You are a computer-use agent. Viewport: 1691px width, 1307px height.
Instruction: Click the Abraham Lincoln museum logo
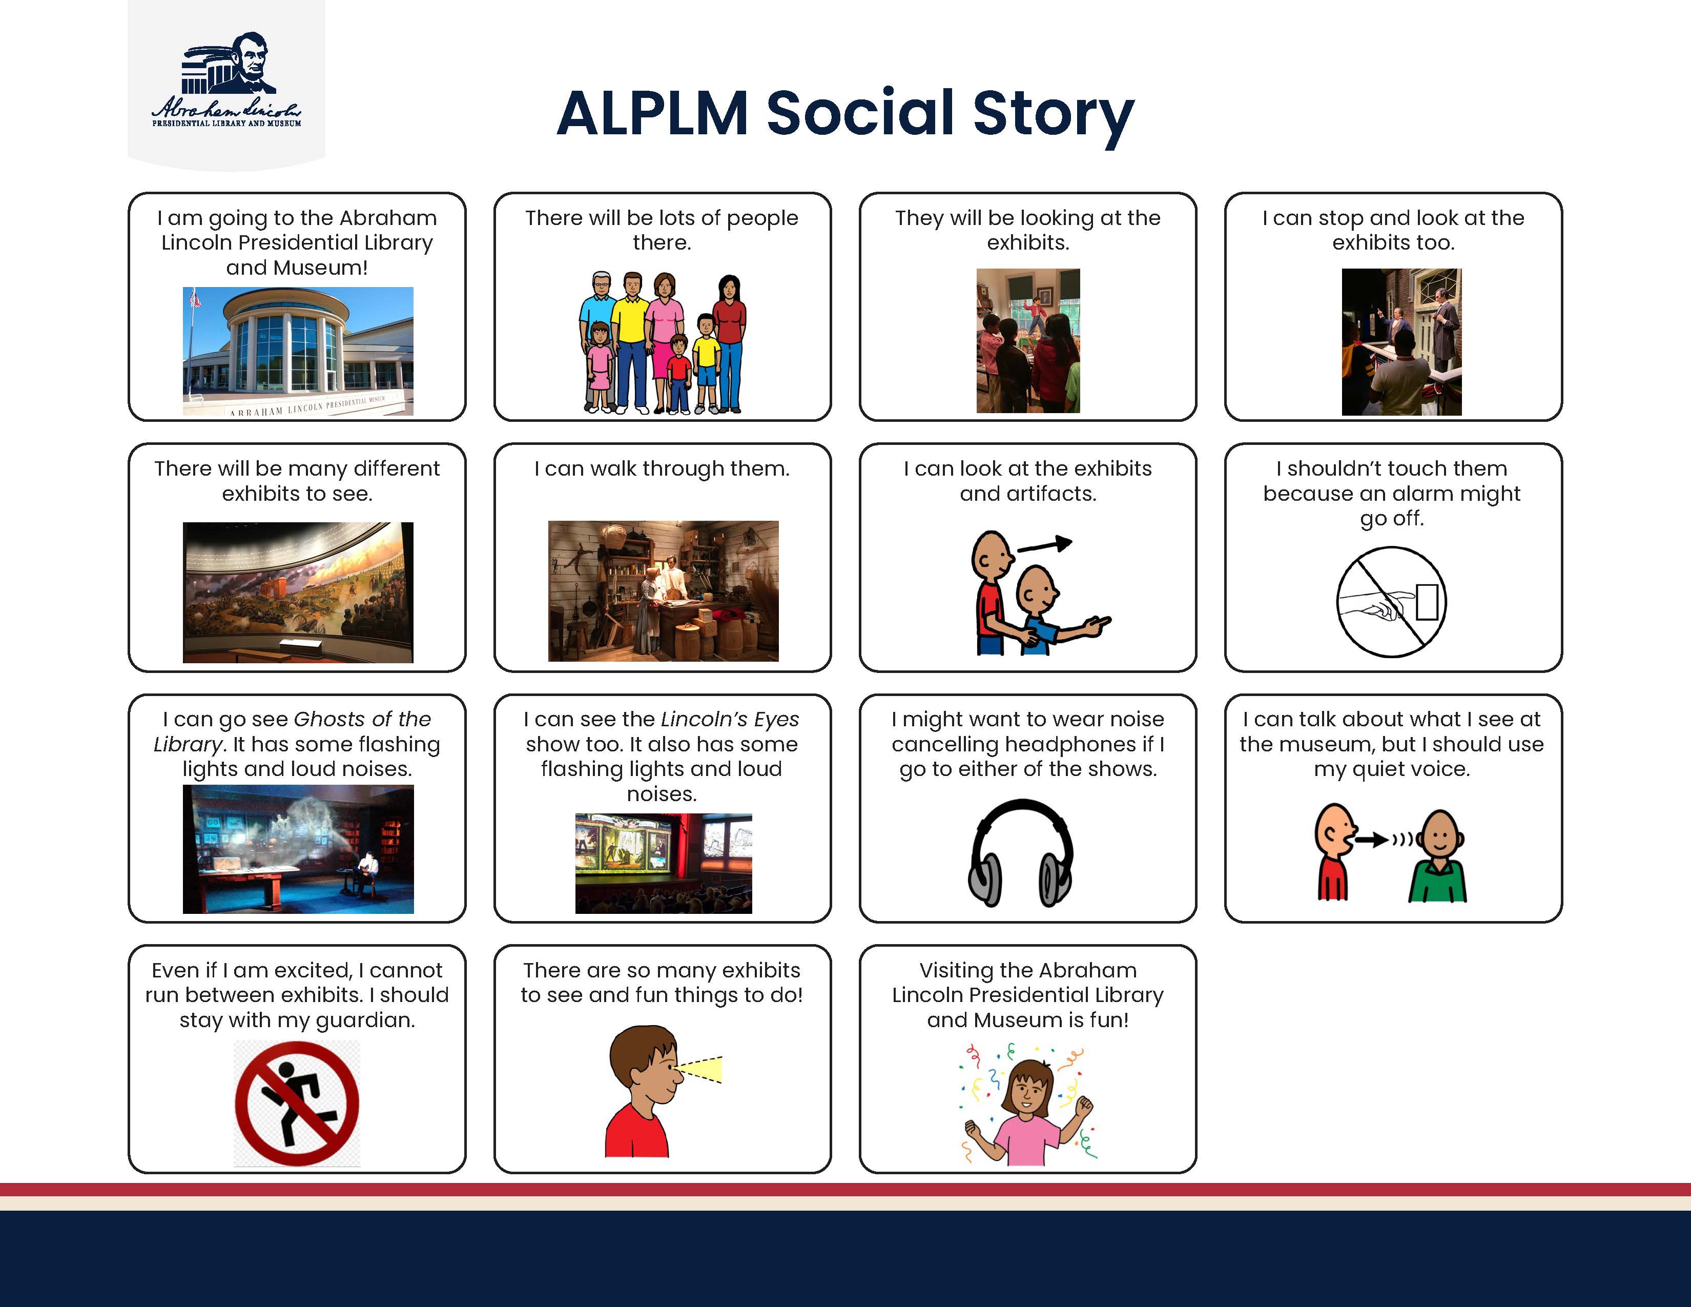pyautogui.click(x=226, y=80)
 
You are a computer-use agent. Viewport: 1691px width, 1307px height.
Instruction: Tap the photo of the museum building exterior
pyautogui.click(x=298, y=351)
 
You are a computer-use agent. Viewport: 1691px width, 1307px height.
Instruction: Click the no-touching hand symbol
pyautogui.click(x=1391, y=602)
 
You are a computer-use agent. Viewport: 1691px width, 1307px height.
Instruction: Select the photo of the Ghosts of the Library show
pyautogui.click(x=298, y=849)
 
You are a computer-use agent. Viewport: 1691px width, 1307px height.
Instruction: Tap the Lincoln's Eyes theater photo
pyautogui.click(x=664, y=863)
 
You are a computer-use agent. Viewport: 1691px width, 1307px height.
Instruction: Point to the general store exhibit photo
pyautogui.click(x=664, y=591)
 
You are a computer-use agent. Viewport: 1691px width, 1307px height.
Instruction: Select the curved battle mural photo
pyautogui.click(x=298, y=593)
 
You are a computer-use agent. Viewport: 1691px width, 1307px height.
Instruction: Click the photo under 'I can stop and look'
pyautogui.click(x=1401, y=342)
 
